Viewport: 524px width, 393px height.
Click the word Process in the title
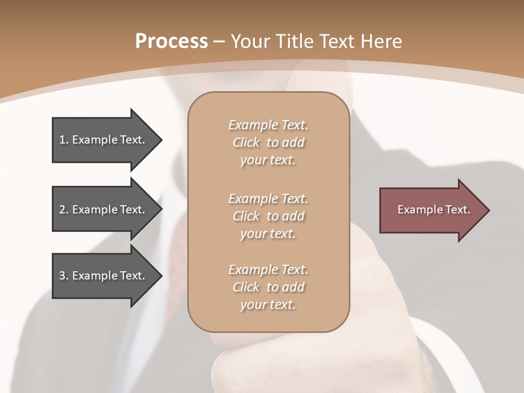click(171, 41)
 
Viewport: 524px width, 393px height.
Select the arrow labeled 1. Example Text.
click(104, 140)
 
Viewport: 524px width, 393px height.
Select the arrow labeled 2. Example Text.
click(104, 210)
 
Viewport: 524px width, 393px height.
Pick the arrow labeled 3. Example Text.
click(104, 276)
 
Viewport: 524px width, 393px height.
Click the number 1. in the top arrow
click(63, 140)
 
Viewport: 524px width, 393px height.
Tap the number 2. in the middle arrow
click(63, 210)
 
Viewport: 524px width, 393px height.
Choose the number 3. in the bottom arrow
click(63, 276)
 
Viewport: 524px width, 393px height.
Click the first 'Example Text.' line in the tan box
click(268, 125)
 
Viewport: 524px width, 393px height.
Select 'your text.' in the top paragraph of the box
click(268, 160)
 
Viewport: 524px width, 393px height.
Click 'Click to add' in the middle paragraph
click(268, 216)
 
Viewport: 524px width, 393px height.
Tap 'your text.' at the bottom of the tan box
click(268, 305)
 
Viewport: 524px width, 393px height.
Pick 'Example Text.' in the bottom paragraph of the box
click(268, 270)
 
